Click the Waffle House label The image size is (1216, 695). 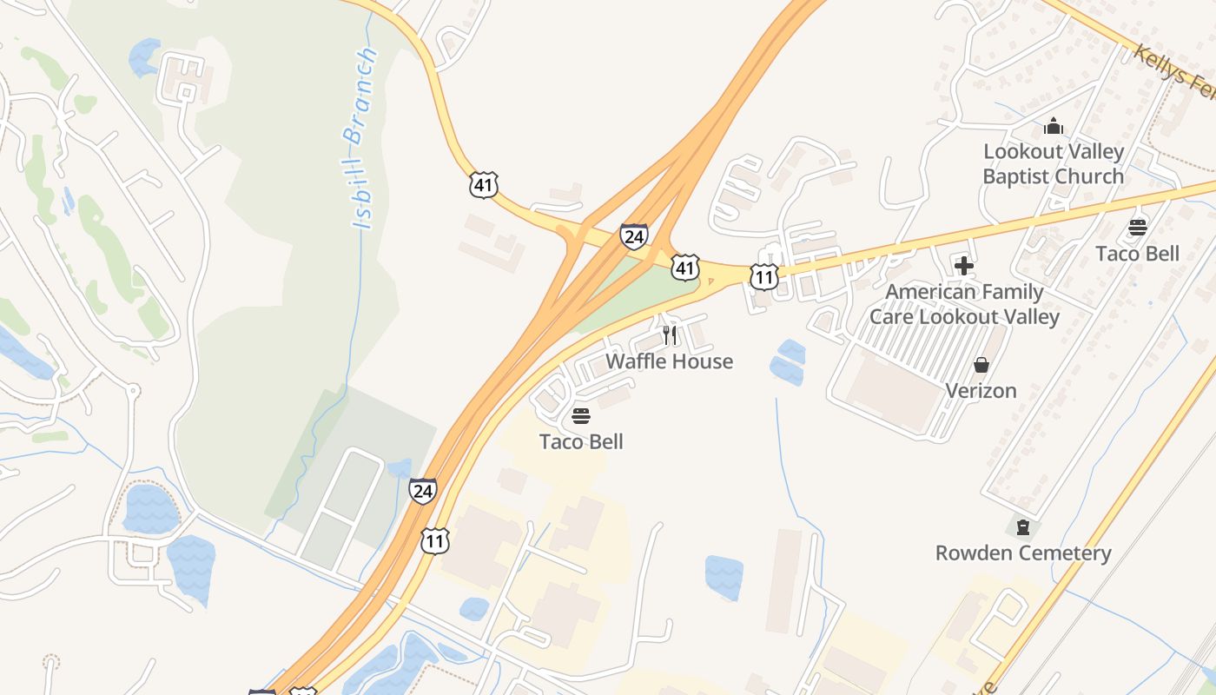pyautogui.click(x=669, y=361)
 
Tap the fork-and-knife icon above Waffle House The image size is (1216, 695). pyautogui.click(x=670, y=335)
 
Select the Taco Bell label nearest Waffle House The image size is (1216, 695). pyautogui.click(x=581, y=441)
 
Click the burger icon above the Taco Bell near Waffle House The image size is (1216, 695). pyautogui.click(x=581, y=416)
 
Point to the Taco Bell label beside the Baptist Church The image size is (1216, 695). pyautogui.click(x=1137, y=253)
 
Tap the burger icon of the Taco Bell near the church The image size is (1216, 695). pyautogui.click(x=1138, y=228)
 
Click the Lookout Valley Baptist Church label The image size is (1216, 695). pyautogui.click(x=1053, y=163)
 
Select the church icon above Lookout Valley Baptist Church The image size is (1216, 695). pyautogui.click(x=1054, y=127)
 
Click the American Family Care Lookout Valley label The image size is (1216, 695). pyautogui.click(x=964, y=304)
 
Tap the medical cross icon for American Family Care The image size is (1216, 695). pyautogui.click(x=963, y=266)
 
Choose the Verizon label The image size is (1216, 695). pyautogui.click(x=981, y=391)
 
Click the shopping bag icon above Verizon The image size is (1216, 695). pyautogui.click(x=981, y=365)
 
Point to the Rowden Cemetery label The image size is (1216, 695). pyautogui.click(x=1022, y=553)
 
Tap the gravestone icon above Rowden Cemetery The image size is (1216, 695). pyautogui.click(x=1023, y=527)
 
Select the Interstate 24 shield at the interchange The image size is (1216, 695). pyautogui.click(x=634, y=236)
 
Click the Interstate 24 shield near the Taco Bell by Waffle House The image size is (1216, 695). pyautogui.click(x=423, y=491)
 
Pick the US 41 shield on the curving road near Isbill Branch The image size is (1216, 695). pyautogui.click(x=484, y=184)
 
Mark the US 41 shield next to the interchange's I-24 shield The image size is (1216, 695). pyautogui.click(x=685, y=268)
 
